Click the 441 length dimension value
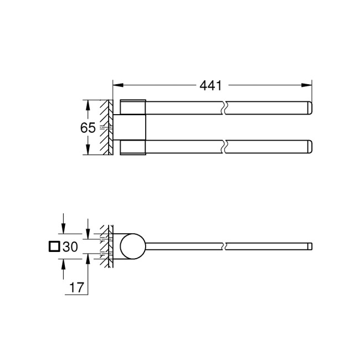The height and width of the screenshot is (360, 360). (211, 85)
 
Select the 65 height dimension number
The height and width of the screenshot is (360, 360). (88, 127)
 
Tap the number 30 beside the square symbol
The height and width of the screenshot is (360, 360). (70, 247)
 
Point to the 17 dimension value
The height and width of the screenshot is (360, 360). (76, 287)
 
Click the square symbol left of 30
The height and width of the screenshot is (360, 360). (54, 247)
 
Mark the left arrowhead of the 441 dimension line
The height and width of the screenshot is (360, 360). (117, 85)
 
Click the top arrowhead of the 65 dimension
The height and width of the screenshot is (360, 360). (87, 104)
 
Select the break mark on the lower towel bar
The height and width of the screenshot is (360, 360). (224, 147)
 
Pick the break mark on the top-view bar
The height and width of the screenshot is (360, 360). (224, 245)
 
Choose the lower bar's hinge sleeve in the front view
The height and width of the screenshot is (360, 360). (133, 147)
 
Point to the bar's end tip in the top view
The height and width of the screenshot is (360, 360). (310, 245)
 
